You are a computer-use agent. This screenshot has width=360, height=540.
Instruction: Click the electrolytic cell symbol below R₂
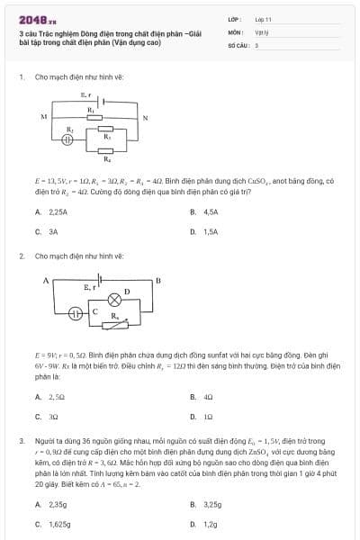pos(67,141)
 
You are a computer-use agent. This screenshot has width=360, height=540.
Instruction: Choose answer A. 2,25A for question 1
pos(51,211)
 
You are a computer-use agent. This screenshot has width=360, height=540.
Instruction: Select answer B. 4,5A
pos(204,211)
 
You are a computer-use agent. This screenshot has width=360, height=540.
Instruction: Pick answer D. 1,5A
pos(204,231)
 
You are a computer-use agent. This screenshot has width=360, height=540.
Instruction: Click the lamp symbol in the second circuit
pos(114,298)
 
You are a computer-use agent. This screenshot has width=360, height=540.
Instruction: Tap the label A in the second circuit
pos(45,281)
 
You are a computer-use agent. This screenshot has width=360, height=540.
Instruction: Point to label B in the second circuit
pos(157,281)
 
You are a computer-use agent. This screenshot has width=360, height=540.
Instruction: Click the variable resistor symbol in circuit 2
pos(114,322)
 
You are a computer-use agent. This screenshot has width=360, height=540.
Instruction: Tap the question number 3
pos(21,441)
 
